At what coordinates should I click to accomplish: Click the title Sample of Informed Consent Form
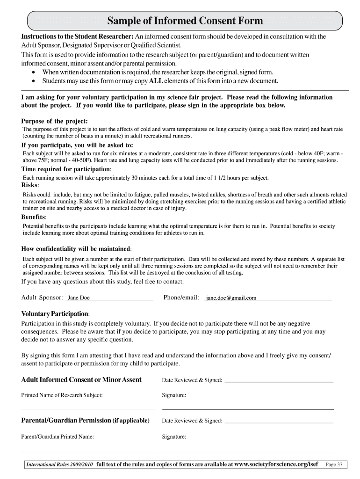pos(185,21)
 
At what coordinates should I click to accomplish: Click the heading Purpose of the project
pos(54,121)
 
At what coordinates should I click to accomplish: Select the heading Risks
pos(30,185)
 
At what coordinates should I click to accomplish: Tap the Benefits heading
pos(33,217)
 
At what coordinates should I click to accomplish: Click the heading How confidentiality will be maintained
pos(76,249)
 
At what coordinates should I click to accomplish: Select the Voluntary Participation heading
pos(56,313)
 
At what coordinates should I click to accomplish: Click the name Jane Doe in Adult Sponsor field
pos(79,298)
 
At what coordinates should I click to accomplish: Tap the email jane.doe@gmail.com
pos(231,298)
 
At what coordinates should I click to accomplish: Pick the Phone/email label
pos(181,298)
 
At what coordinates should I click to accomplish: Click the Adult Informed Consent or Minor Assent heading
pos(81,380)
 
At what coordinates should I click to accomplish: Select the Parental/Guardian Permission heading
pos(85,421)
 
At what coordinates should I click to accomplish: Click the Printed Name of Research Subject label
pos(62,395)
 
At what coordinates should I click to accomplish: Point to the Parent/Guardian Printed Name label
pos(58,437)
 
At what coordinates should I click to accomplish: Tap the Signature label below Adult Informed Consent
pos(174,395)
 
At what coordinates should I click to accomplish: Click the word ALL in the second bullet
pos(156,81)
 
